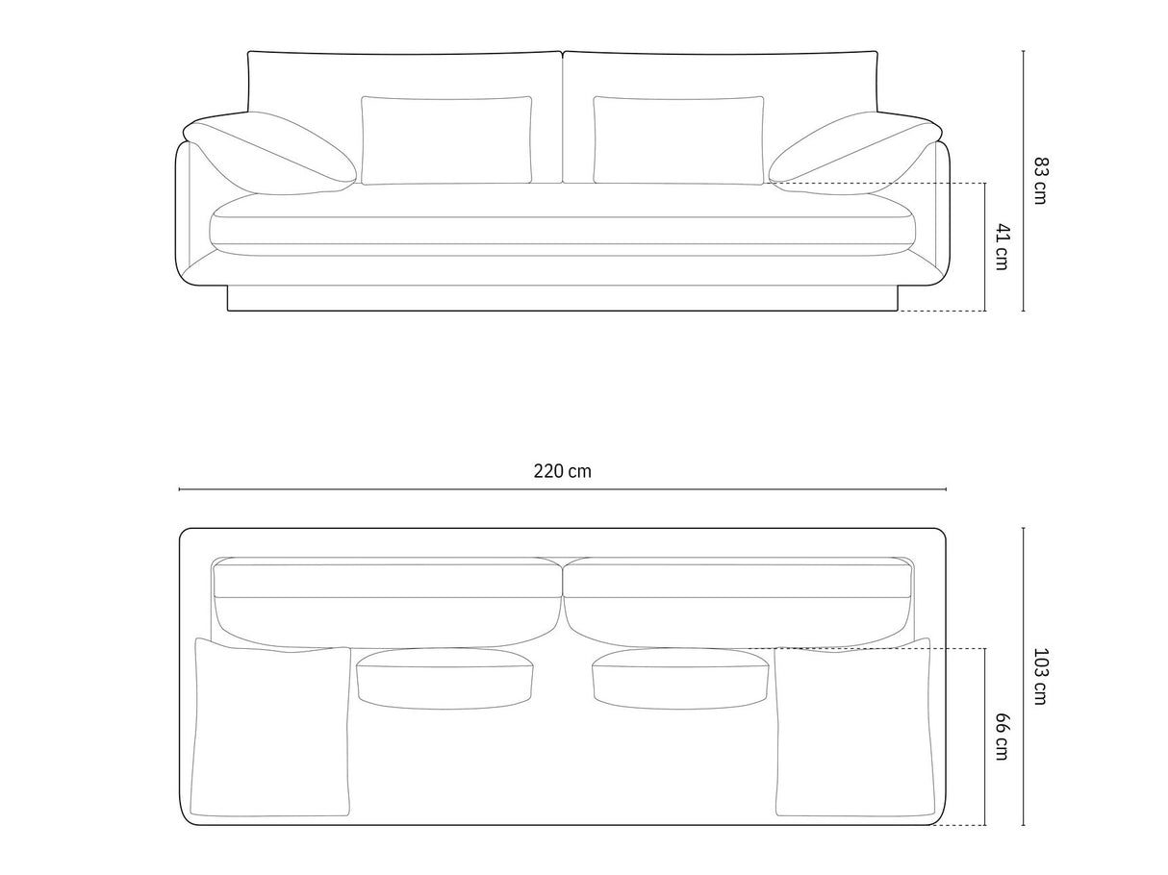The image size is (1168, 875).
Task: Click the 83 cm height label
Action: point(1039,181)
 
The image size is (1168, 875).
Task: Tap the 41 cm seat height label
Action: point(1002,247)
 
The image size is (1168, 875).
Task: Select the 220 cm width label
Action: point(562,471)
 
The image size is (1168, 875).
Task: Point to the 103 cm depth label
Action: point(1039,676)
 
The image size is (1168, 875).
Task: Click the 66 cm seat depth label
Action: point(1002,737)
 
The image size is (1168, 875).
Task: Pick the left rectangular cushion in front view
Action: point(445,140)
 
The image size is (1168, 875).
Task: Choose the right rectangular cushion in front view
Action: point(678,140)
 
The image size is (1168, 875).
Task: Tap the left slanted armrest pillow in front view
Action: point(271,153)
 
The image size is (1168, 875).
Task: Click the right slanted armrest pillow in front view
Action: point(854,153)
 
